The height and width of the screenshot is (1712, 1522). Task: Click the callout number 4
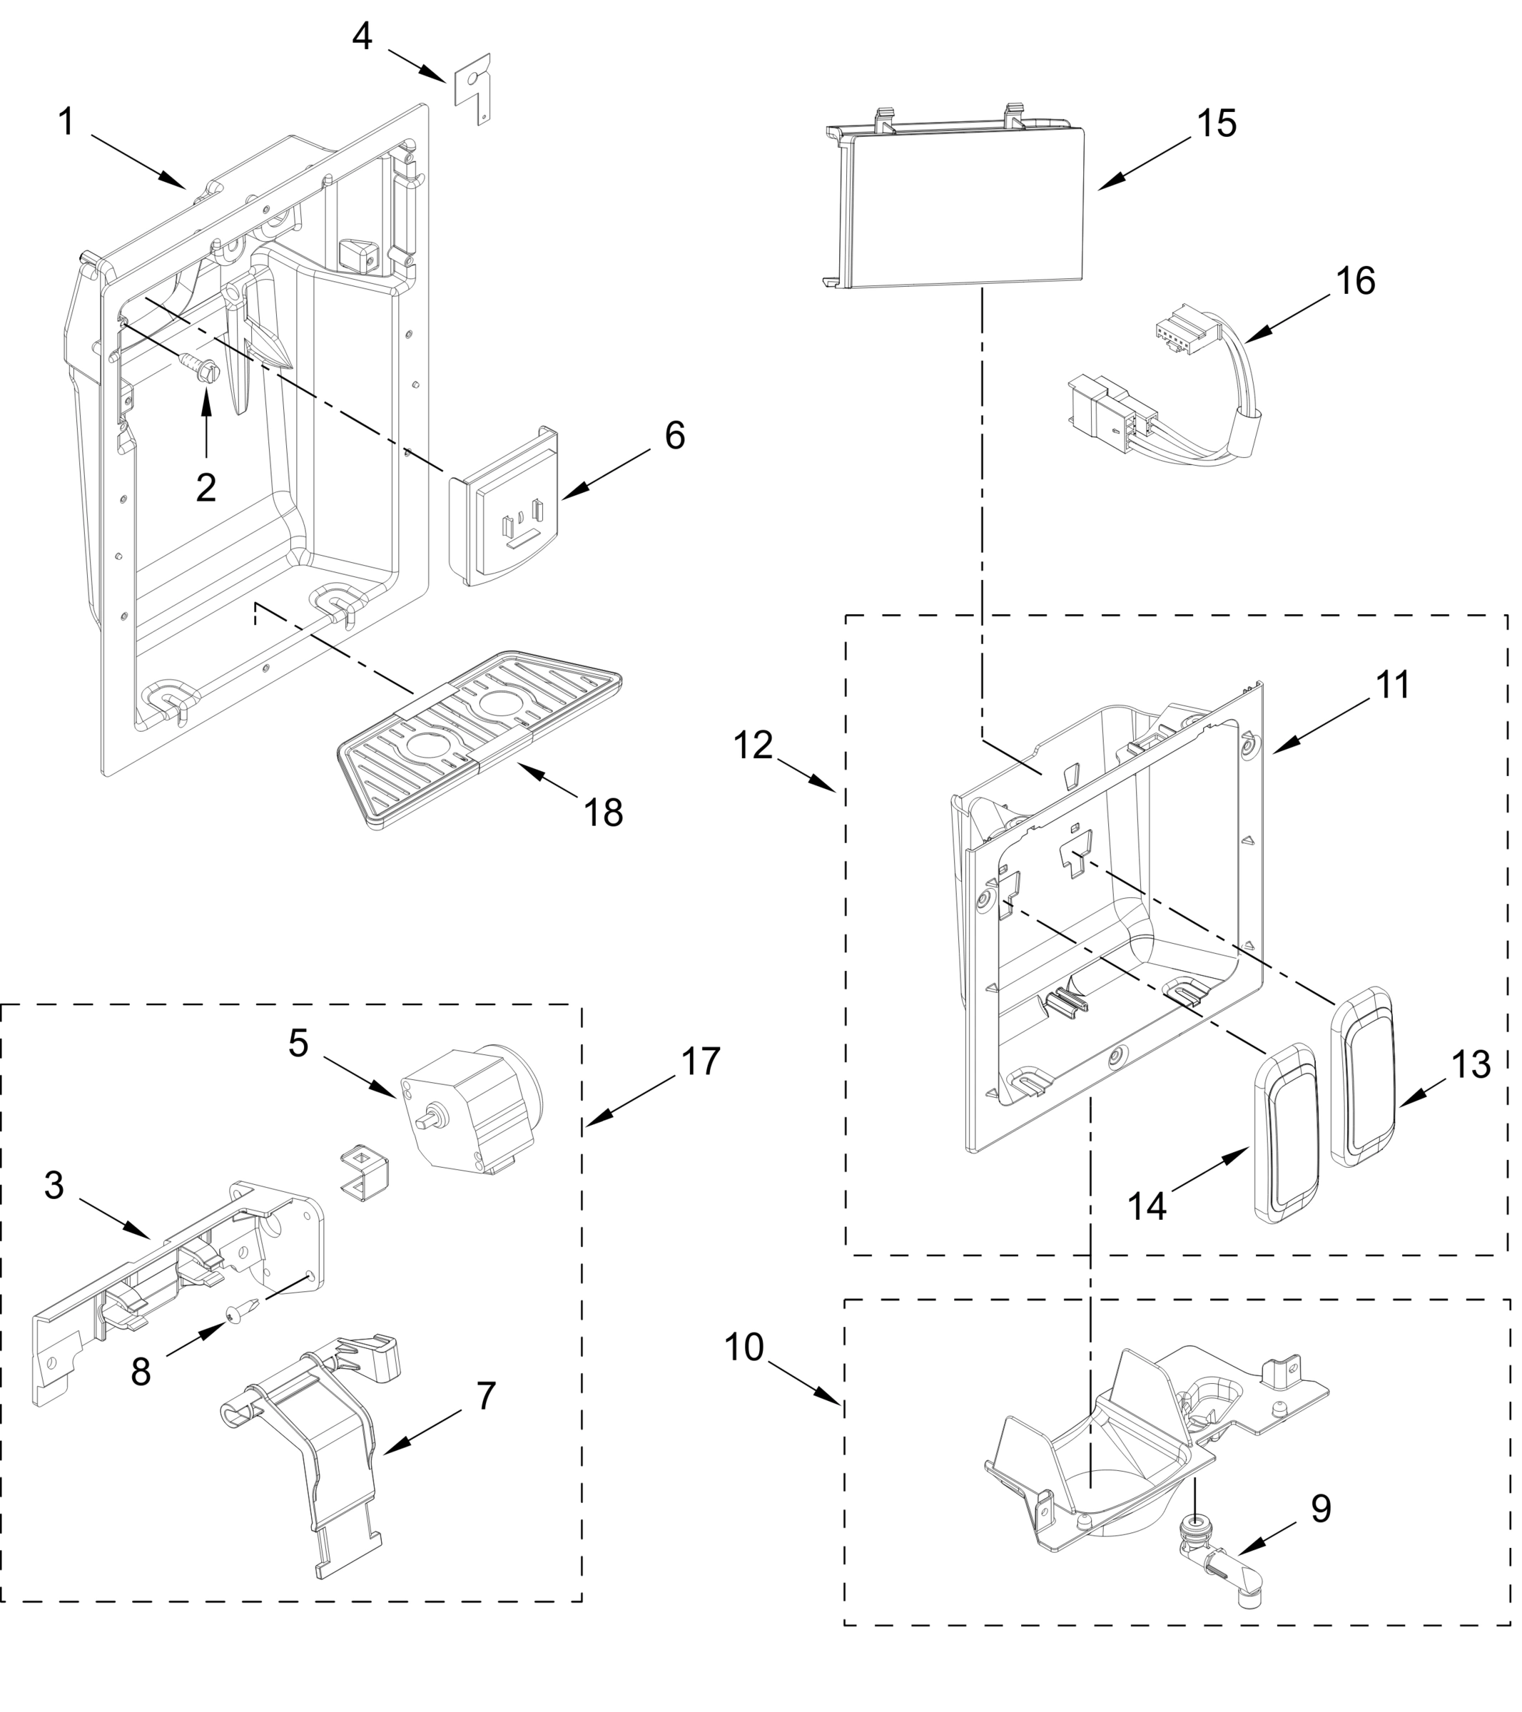pyautogui.click(x=362, y=38)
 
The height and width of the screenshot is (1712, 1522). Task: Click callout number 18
pyautogui.click(x=603, y=813)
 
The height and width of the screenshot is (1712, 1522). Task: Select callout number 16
pyautogui.click(x=1355, y=282)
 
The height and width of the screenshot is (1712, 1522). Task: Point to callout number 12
pyautogui.click(x=752, y=745)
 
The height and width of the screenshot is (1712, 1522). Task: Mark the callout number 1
pyautogui.click(x=67, y=122)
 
